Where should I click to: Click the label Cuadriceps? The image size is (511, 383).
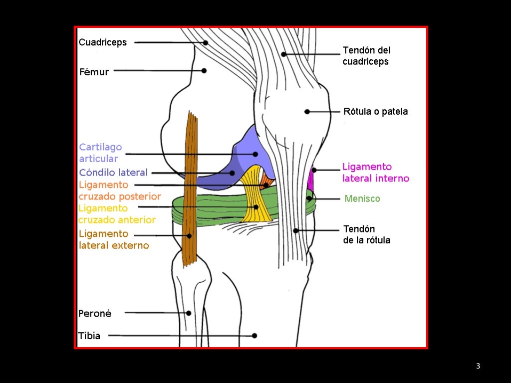pos(103,42)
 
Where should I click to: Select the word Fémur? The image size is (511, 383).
pos(94,72)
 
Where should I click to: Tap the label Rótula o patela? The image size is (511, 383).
pos(375,111)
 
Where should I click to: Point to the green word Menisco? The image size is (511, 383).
pos(362,198)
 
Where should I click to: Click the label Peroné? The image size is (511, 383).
pos(95,314)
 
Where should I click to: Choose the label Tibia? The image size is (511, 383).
pos(89,336)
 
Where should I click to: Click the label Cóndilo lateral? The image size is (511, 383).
pos(113,173)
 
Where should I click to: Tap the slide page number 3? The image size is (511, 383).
pos(478,367)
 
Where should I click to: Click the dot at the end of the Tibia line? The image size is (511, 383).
pos(255,336)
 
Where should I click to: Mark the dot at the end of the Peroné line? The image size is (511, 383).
pos(189,313)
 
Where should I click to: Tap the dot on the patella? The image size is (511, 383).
pos(307,112)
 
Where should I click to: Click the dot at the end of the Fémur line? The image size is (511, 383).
pos(204,71)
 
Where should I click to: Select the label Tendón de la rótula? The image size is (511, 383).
pos(366,234)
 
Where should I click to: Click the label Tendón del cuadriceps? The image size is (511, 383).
pos(366,56)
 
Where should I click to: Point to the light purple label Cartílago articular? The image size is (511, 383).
pos(100,153)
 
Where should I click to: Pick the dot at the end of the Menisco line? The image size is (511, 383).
pos(309,198)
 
